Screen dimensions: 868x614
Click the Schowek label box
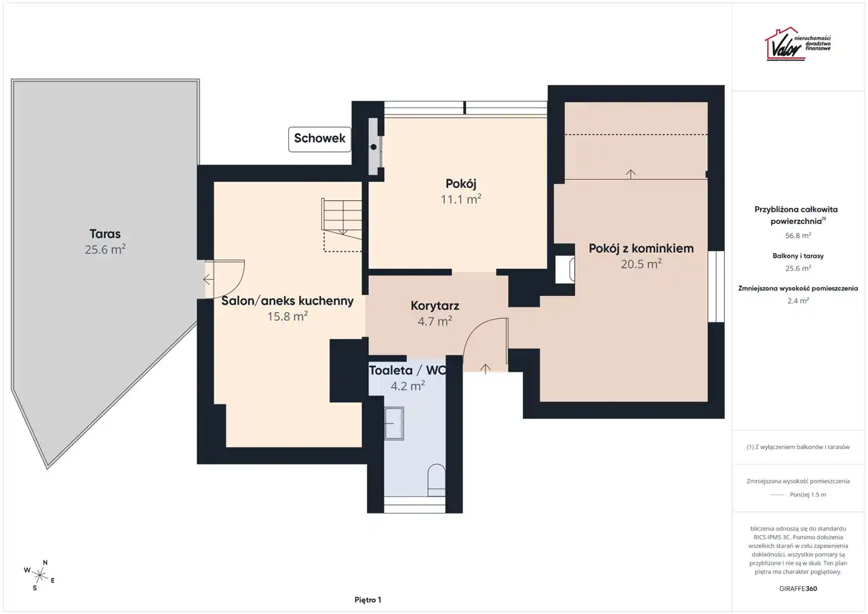coord(319,139)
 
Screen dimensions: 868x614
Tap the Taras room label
coord(105,234)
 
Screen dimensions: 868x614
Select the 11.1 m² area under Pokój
coord(460,199)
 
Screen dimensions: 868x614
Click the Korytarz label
coord(435,306)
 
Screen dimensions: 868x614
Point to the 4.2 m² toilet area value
coord(408,385)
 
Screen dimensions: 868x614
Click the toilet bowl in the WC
coord(436,480)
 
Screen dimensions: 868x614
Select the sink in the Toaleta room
coord(394,423)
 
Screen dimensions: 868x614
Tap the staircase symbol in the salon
coord(341,225)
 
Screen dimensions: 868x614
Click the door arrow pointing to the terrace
coord(208,279)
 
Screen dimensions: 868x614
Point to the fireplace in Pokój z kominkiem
coord(565,269)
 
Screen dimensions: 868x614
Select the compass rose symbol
coord(39,575)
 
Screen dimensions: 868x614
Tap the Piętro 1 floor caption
coord(368,600)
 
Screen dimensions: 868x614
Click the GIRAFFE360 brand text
coord(798,588)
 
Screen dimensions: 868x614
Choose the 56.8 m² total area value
coord(798,235)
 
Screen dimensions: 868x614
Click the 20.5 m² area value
coord(641,264)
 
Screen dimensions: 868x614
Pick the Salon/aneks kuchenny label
coord(287,301)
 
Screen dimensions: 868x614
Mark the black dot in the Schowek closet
coord(373,147)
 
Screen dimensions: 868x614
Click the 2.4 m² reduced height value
coord(798,301)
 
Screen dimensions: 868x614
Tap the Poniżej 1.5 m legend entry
coord(808,495)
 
